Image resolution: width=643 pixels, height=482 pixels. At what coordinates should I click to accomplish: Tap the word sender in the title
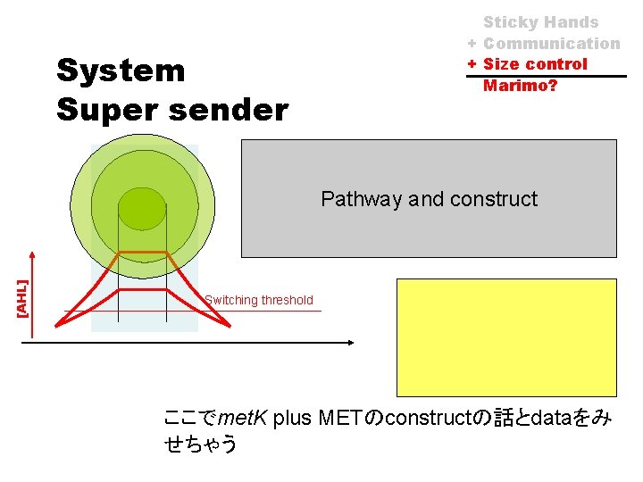(x=234, y=110)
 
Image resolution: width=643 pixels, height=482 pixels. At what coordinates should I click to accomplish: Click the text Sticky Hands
(x=540, y=22)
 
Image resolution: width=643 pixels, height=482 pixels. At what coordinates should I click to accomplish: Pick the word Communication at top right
(x=551, y=43)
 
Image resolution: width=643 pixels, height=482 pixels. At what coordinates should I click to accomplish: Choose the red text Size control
(x=535, y=63)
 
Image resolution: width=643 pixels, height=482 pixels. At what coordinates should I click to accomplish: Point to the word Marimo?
(x=520, y=85)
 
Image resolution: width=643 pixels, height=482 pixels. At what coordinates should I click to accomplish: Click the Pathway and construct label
(x=429, y=199)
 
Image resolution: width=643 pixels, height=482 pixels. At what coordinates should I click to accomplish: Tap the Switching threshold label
(x=259, y=300)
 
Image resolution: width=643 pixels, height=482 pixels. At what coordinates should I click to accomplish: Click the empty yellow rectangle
(x=506, y=337)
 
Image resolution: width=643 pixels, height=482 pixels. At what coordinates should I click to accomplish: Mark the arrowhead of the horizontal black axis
(x=353, y=341)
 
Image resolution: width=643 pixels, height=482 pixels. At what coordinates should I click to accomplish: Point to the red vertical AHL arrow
(x=33, y=295)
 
